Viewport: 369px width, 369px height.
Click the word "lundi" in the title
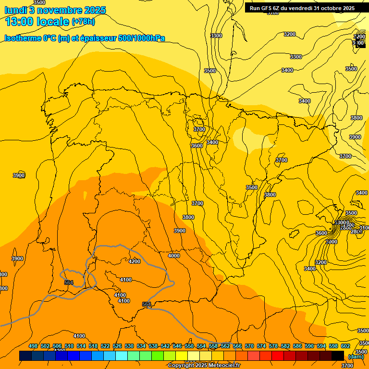click(15, 10)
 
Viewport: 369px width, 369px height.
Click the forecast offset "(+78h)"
click(83, 22)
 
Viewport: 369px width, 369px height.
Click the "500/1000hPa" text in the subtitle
click(141, 38)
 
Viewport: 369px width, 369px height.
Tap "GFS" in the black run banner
click(270, 8)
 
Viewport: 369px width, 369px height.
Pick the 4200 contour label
click(135, 261)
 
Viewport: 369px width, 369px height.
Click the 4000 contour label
click(174, 256)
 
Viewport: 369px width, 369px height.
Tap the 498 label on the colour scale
click(33, 346)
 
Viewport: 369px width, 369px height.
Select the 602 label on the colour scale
click(345, 346)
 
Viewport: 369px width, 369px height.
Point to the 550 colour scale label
click(189, 346)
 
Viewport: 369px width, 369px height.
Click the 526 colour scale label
click(117, 346)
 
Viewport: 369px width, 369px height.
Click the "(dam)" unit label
click(356, 356)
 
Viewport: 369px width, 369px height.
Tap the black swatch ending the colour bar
click(338, 356)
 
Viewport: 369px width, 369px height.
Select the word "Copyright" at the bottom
click(181, 365)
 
